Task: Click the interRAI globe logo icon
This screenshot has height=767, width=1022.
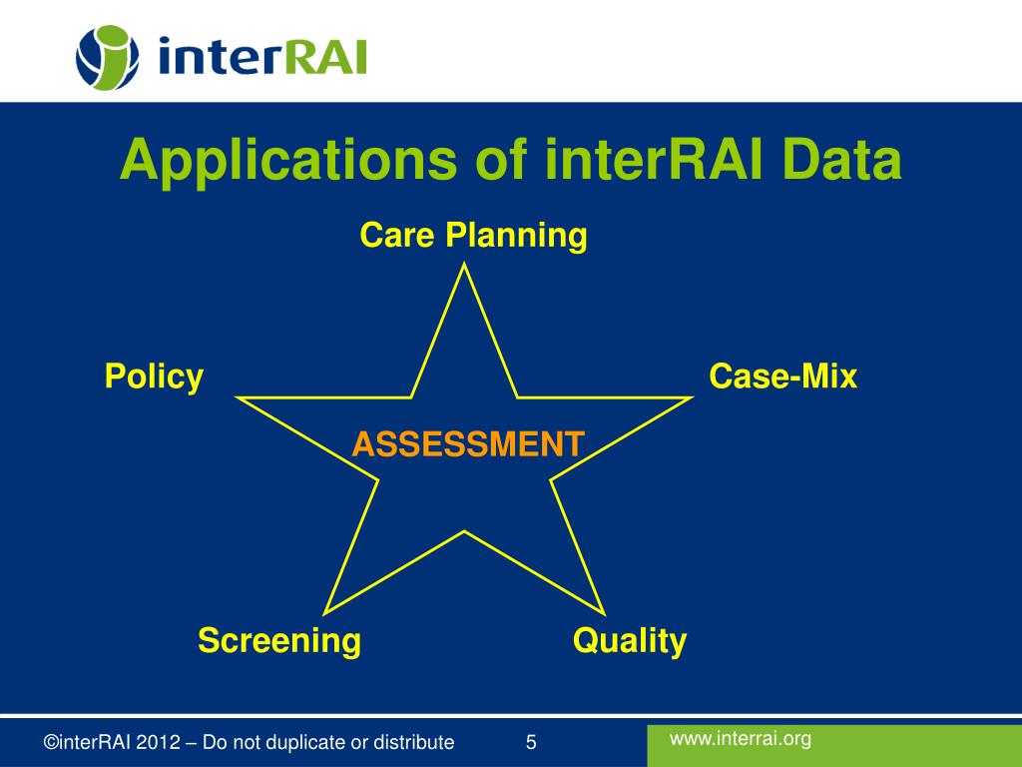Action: click(108, 57)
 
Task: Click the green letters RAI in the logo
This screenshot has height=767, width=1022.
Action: click(326, 57)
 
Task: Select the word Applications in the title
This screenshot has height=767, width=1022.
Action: click(288, 161)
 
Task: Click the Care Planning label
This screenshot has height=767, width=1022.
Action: click(473, 236)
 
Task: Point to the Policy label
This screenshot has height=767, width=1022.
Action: click(154, 377)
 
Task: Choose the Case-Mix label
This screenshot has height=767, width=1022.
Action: click(782, 377)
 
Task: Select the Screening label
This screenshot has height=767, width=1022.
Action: click(279, 640)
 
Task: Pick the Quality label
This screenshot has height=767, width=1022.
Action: click(630, 640)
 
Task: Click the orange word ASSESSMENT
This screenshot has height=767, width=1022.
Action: click(468, 444)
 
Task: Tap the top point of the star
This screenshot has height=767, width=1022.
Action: click(464, 264)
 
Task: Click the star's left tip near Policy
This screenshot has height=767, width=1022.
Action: click(237, 397)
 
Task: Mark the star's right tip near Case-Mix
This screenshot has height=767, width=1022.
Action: click(692, 397)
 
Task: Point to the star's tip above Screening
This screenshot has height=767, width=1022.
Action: click(324, 614)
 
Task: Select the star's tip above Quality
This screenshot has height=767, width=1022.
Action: click(605, 614)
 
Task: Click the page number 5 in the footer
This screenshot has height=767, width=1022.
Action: click(531, 742)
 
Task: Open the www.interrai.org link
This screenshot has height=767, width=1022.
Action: click(741, 739)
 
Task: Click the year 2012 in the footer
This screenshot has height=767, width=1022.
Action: click(158, 742)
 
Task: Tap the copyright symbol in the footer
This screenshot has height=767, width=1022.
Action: click(51, 742)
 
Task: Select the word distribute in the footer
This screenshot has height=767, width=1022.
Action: click(413, 742)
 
